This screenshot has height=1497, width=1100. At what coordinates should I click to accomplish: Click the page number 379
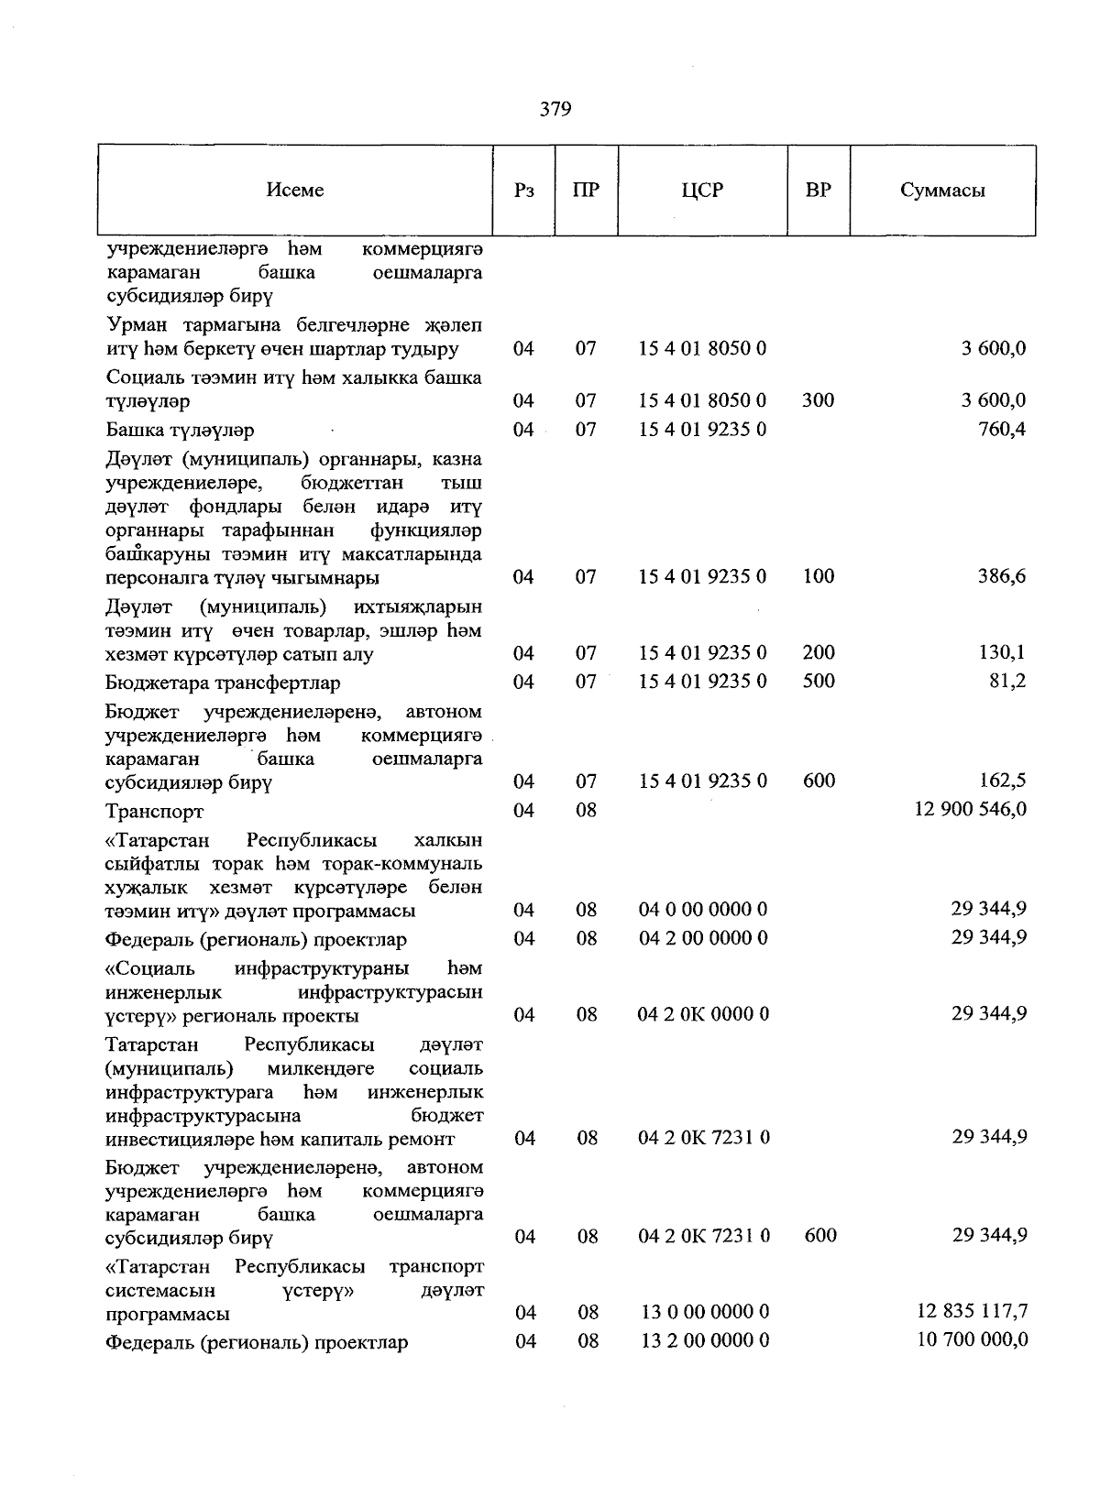tap(555, 110)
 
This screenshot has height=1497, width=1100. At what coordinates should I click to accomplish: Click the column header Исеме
tap(295, 191)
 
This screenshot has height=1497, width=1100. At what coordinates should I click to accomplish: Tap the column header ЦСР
tap(702, 191)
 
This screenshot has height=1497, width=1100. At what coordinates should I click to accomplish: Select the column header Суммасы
tap(942, 191)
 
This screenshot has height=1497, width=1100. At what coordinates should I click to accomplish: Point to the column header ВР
tap(819, 191)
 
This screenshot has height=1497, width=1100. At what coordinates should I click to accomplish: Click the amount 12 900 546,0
tap(970, 810)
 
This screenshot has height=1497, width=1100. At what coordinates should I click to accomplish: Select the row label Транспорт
tap(155, 812)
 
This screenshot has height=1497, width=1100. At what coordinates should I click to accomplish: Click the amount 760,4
tap(1003, 429)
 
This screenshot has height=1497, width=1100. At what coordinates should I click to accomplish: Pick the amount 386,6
tap(1001, 576)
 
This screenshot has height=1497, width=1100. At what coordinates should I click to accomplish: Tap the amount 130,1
tap(1003, 653)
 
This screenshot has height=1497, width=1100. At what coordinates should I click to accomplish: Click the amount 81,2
tap(1006, 682)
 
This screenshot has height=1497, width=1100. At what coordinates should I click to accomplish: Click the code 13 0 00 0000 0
tap(703, 1313)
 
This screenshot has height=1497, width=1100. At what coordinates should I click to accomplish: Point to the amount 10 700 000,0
tap(972, 1340)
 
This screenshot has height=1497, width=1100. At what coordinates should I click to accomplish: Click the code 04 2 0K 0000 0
tap(703, 1014)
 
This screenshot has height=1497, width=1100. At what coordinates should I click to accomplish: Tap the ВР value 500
tap(819, 682)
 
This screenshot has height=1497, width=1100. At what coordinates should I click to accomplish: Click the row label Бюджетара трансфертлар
tap(223, 683)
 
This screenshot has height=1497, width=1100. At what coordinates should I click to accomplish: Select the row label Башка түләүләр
tap(181, 431)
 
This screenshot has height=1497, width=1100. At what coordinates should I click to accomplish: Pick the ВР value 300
tap(819, 400)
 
